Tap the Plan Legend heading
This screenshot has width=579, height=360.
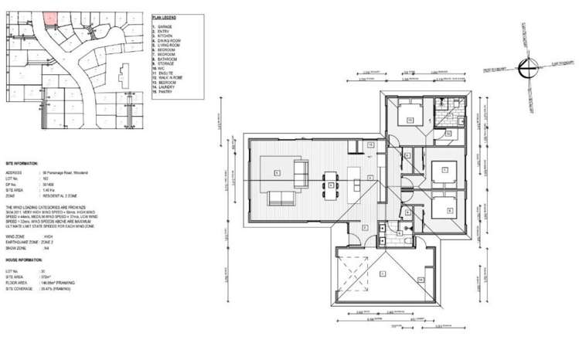click(165, 16)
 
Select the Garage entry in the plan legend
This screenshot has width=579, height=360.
click(166, 26)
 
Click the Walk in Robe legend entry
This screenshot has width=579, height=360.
click(170, 78)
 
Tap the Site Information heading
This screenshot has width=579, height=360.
click(22, 165)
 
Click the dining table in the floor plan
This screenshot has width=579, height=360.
click(332, 181)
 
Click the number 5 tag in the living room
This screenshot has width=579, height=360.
click(277, 173)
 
